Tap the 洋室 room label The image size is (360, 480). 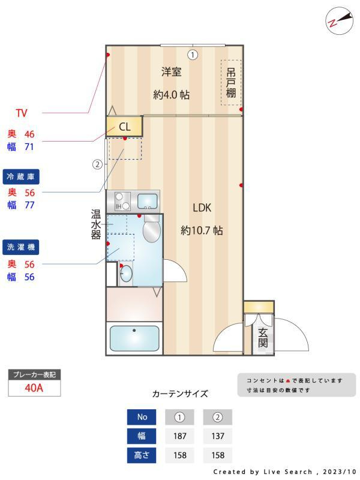tap(171, 72)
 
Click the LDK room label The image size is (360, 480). tap(202, 208)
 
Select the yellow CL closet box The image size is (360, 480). tap(124, 127)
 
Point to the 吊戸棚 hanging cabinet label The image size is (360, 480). tap(231, 83)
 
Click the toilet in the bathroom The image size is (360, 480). tap(151, 229)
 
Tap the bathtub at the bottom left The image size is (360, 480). tap(134, 338)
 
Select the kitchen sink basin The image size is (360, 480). tap(147, 200)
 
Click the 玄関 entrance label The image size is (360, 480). tap(263, 338)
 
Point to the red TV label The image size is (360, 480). tap(22, 113)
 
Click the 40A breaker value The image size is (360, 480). tap(34, 388)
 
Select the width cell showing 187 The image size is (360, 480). tap(179, 436)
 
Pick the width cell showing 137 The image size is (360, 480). tap(217, 436)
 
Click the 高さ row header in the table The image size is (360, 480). tap(142, 455)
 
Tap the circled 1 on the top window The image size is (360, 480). tap(192, 55)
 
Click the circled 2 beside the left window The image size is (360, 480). tap(97, 164)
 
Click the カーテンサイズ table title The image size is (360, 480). tap(180, 394)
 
